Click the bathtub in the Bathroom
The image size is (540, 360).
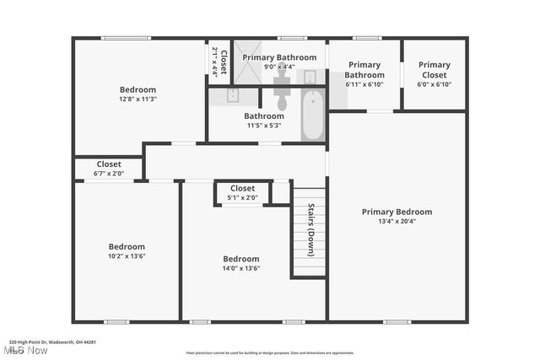click(312, 116)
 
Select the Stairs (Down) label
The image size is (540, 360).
click(310, 231)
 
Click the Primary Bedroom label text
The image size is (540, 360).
click(397, 212)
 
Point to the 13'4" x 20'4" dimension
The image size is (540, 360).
click(397, 222)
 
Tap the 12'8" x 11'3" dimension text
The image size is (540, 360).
click(138, 99)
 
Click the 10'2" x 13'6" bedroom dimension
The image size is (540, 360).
click(127, 256)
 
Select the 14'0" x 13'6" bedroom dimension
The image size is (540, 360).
click(240, 269)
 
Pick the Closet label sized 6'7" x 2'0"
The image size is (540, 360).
click(109, 164)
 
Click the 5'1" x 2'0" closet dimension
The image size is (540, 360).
click(242, 198)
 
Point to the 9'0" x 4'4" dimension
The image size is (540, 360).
click(279, 67)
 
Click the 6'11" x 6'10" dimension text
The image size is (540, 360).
click(364, 84)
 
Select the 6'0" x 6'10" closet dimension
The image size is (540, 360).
click(435, 84)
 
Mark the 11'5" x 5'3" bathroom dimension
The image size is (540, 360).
click(264, 126)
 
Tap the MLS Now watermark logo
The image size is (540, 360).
click(25, 349)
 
